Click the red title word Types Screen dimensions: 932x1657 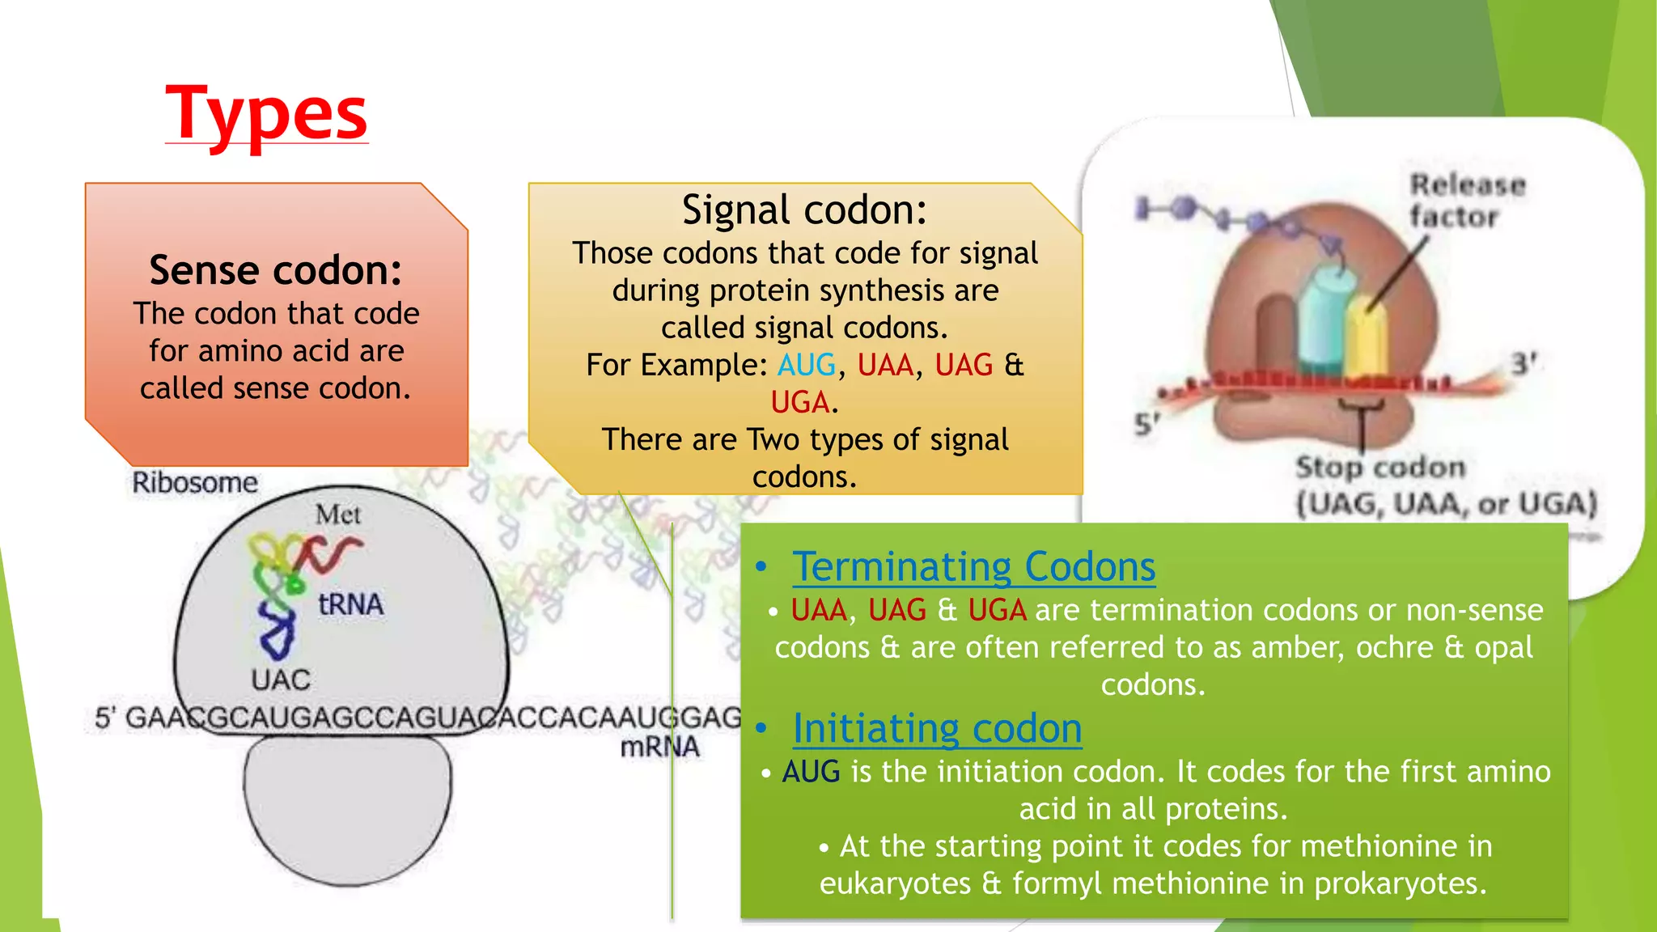pos(266,113)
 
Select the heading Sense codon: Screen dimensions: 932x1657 pos(276,270)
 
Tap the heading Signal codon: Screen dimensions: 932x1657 pos(804,210)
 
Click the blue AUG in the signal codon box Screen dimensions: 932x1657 pos(806,365)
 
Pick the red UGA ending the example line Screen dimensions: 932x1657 pos(799,402)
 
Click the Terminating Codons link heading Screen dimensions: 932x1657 pos(973,566)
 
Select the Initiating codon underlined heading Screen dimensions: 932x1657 pos(937,728)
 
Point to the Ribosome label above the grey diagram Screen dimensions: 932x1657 pos(195,482)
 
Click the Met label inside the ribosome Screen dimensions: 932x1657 pos(338,515)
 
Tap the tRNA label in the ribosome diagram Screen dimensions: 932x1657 pos(350,604)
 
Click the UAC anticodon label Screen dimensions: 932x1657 pos(280,680)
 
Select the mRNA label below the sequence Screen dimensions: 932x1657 pos(659,747)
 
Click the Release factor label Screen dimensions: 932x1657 pos(1466,201)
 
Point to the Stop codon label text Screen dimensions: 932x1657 pos(1380,467)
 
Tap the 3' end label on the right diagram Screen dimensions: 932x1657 pos(1524,363)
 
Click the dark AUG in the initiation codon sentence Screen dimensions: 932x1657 pos(811,772)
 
